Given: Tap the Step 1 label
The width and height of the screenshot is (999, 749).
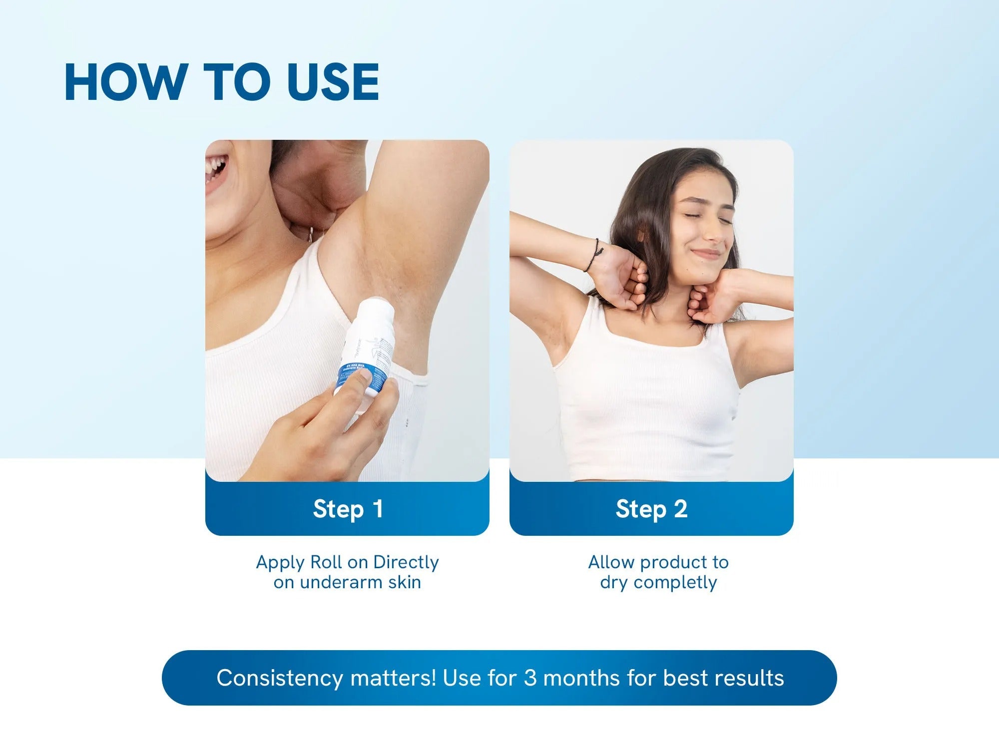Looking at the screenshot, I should (348, 509).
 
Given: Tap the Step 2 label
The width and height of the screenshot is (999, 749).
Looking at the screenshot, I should (651, 509).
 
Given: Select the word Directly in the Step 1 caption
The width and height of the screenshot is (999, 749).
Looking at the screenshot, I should (406, 562).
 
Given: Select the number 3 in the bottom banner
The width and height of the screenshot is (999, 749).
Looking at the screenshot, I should (530, 678).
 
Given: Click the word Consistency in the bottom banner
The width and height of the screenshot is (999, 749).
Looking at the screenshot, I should (280, 678).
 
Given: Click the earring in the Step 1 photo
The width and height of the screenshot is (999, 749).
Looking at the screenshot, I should (311, 234).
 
